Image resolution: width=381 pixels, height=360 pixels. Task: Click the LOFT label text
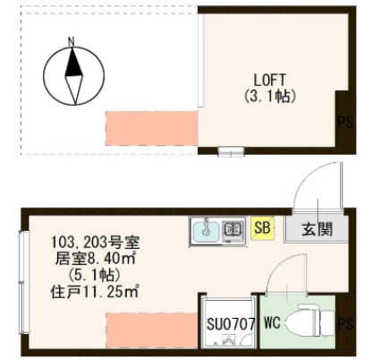tap(268, 78)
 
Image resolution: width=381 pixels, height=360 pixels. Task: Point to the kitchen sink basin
tap(205, 230)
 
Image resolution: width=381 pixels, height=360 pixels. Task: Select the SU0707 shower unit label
tap(232, 324)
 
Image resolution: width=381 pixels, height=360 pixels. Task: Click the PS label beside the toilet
tap(345, 323)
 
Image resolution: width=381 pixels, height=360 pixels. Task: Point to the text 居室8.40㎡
tap(95, 259)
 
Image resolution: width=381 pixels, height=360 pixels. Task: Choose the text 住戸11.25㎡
tap(95, 291)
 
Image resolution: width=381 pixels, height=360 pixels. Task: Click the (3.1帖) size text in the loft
tap(268, 94)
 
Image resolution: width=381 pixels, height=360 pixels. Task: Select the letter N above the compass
tap(72, 40)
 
